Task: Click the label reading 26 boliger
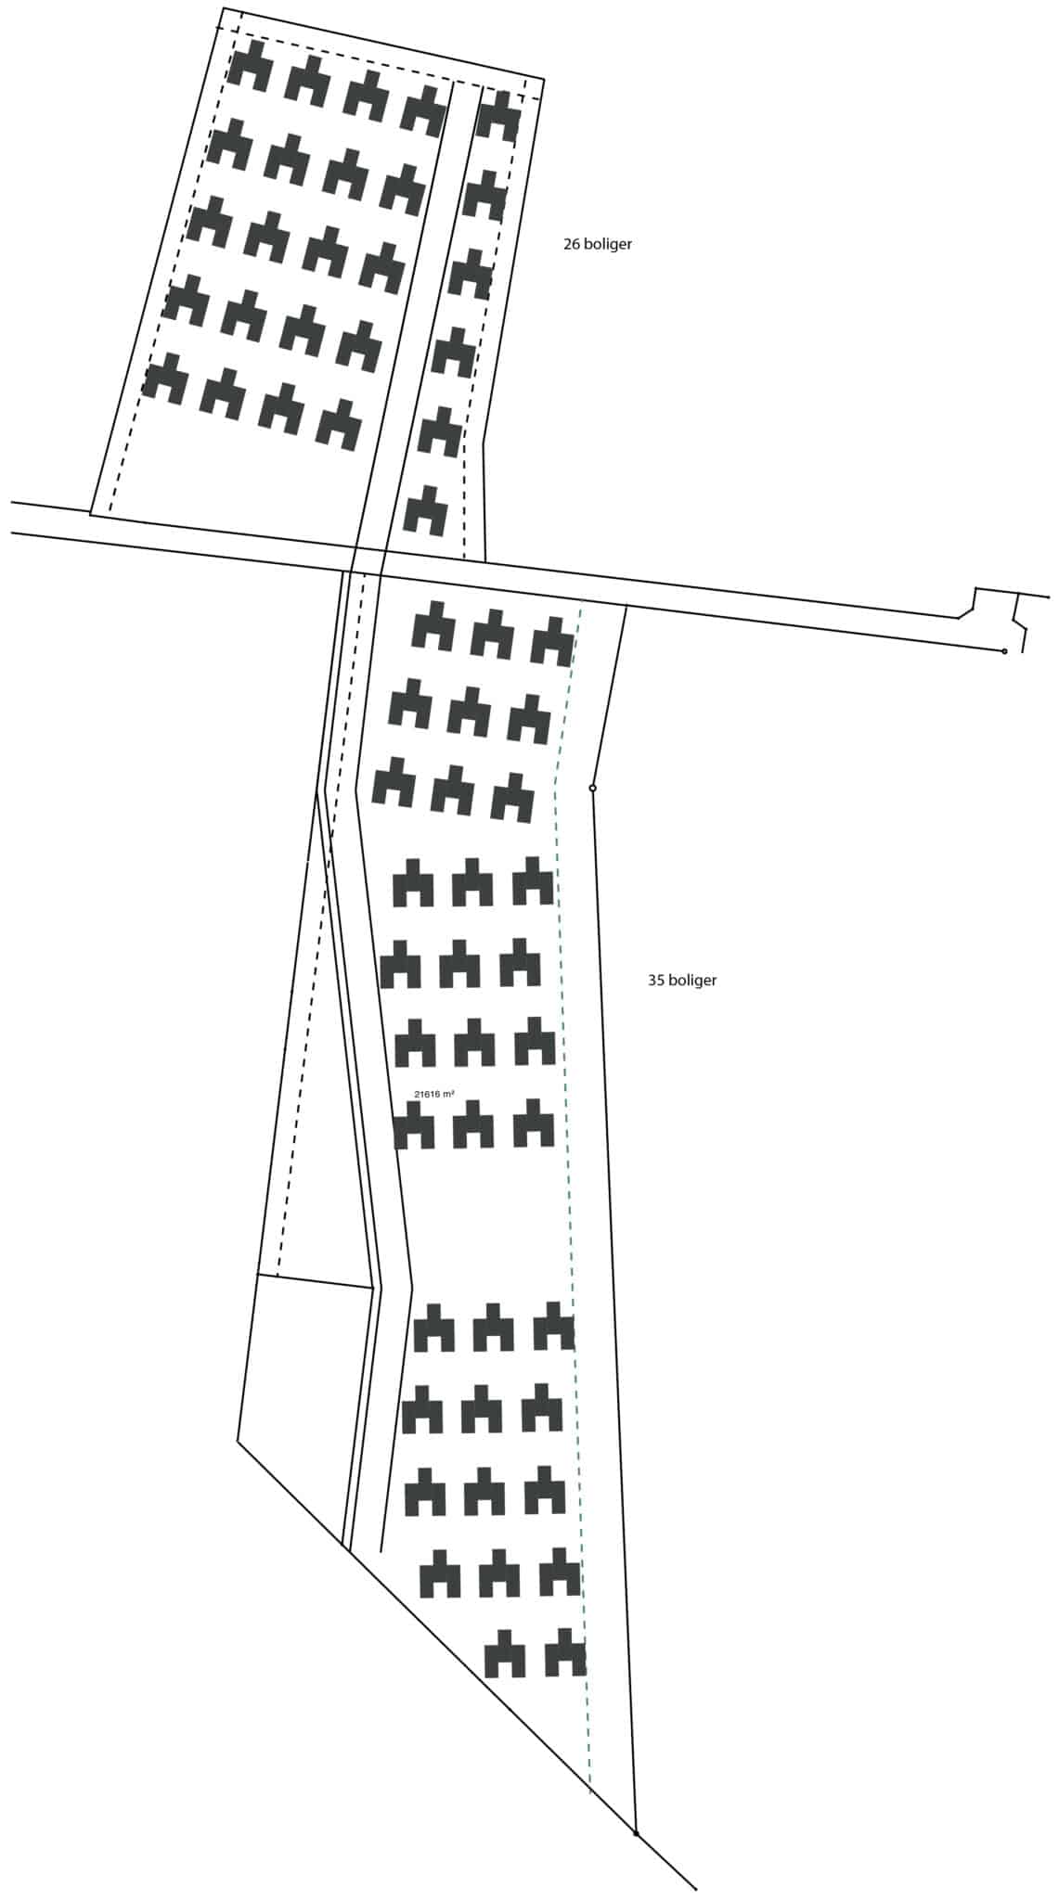pos(598,245)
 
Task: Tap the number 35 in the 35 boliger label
pos(656,980)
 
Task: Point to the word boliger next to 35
pos(692,981)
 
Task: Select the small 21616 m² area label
pos(434,1095)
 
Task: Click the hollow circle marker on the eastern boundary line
pos(592,789)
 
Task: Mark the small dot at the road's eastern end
pos(1004,651)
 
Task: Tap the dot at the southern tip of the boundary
pos(636,1833)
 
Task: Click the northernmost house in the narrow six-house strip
pos(498,116)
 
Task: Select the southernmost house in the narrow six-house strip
pos(426,511)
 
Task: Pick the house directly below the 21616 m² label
pos(414,1125)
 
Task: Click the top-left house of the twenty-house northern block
pos(251,65)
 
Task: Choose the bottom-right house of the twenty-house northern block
pos(340,425)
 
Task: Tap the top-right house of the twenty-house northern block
pos(425,111)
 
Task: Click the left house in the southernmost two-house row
pos(505,1653)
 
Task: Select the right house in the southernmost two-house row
pos(565,1652)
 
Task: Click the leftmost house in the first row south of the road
pos(433,626)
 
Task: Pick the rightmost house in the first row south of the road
pos(552,641)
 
